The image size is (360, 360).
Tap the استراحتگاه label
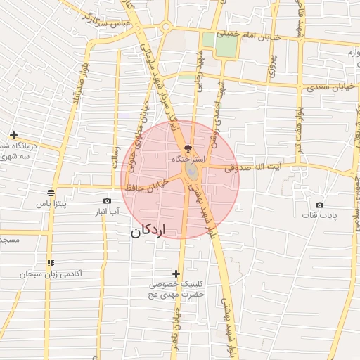pyautogui.click(x=188, y=160)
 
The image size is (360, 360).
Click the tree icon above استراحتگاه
pyautogui.click(x=187, y=148)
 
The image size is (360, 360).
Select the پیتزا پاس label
pyautogui.click(x=51, y=204)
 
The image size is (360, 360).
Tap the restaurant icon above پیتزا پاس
pyautogui.click(x=51, y=193)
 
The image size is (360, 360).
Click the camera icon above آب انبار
pyautogui.click(x=107, y=200)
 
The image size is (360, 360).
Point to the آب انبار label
pyautogui.click(x=107, y=211)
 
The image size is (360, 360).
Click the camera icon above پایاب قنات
pyautogui.click(x=320, y=205)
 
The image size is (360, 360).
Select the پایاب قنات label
pyautogui.click(x=330, y=216)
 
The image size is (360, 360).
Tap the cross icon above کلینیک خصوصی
pyautogui.click(x=176, y=274)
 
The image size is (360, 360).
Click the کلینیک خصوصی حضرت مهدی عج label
pyautogui.click(x=176, y=290)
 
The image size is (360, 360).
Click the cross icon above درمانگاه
pyautogui.click(x=13, y=135)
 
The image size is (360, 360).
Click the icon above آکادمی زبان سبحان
pyautogui.click(x=50, y=262)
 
